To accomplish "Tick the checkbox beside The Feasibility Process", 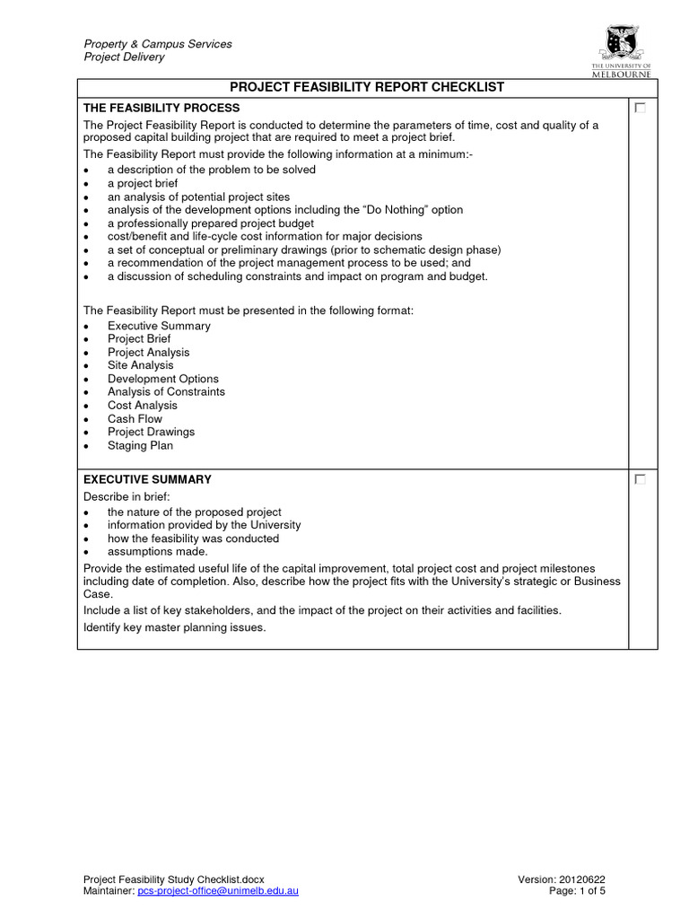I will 640,108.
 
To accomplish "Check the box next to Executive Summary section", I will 640,480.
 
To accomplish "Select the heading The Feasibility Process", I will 161,108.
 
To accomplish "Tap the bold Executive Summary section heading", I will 147,480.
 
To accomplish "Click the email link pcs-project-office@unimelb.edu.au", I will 217,890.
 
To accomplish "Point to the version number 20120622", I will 587,879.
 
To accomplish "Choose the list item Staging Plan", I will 140,445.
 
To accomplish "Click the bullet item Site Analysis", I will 140,365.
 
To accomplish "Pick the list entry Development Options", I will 162,379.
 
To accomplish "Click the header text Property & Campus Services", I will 158,44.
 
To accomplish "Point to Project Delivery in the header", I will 124,57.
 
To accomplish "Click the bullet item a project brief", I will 143,183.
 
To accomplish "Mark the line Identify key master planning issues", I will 174,627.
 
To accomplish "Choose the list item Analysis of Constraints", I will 166,392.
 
